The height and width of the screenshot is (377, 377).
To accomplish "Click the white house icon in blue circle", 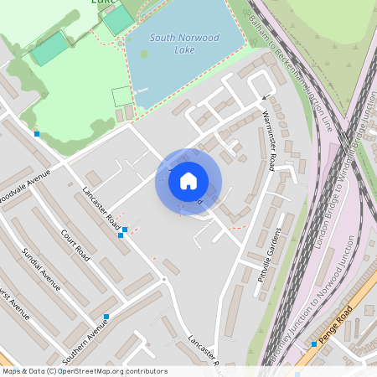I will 188,180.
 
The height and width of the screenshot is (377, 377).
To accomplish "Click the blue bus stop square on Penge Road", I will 314,343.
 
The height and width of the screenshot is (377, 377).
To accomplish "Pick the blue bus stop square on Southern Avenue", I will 106,317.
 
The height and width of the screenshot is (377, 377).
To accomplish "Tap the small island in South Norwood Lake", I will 145,54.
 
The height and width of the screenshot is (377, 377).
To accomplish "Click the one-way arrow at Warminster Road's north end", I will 267,97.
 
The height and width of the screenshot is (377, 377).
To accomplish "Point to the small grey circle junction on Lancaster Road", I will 164,278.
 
